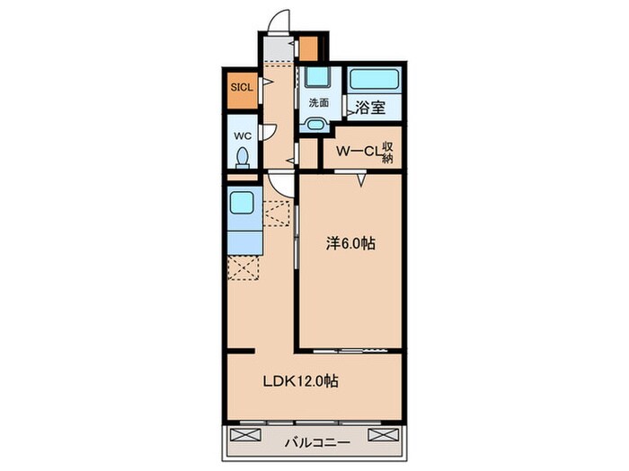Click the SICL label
pyautogui.click(x=242, y=88)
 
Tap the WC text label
pyautogui.click(x=242, y=135)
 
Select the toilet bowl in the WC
pyautogui.click(x=243, y=157)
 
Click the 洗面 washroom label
pyautogui.click(x=318, y=102)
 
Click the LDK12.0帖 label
pyautogui.click(x=300, y=381)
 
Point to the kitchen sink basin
pyautogui.click(x=241, y=203)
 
